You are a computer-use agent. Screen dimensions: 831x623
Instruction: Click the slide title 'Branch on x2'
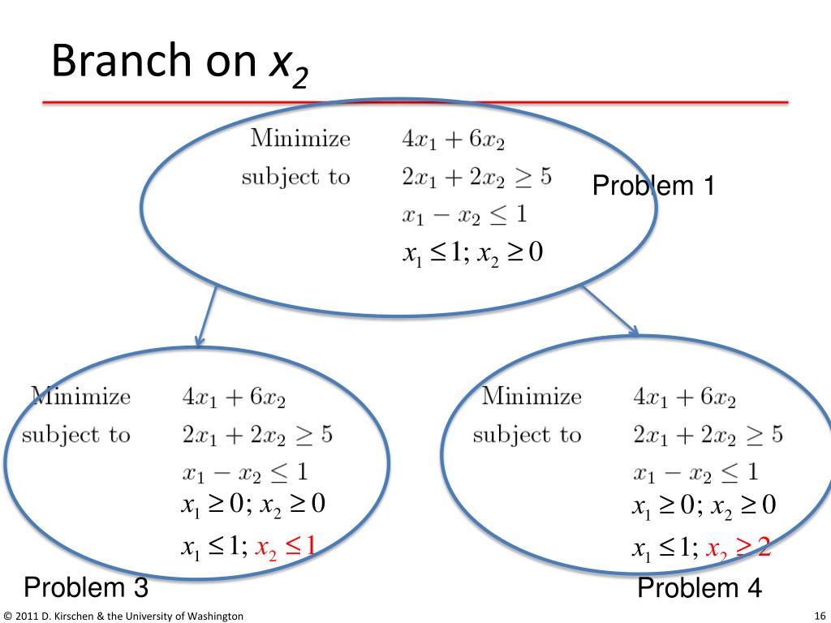click(x=179, y=63)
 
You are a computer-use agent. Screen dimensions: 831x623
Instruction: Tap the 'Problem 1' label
click(x=653, y=186)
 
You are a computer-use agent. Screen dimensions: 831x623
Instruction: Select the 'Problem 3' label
click(x=86, y=587)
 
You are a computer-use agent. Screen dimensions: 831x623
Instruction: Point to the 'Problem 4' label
click(x=699, y=587)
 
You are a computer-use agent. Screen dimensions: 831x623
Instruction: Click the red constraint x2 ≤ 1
click(x=286, y=548)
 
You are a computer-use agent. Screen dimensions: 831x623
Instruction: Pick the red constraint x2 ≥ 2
click(x=738, y=548)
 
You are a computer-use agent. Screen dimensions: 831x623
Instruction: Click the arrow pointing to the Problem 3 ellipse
click(x=207, y=316)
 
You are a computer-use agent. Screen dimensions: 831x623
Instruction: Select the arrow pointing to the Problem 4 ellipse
click(x=610, y=311)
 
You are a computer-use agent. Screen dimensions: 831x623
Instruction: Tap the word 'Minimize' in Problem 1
click(x=300, y=138)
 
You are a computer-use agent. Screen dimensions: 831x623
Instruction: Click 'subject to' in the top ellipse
click(x=295, y=177)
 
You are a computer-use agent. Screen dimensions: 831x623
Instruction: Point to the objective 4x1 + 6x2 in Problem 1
click(x=453, y=140)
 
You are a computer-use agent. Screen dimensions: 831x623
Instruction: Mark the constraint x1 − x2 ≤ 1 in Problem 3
click(x=245, y=472)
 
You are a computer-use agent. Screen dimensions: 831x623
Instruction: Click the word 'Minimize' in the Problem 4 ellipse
click(x=532, y=396)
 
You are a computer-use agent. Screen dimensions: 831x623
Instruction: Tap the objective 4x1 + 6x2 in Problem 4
click(x=684, y=397)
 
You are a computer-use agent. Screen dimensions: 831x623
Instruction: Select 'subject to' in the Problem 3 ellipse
click(x=76, y=435)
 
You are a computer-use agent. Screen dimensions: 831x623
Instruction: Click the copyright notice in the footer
click(x=123, y=617)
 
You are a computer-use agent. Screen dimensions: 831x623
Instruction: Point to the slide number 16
click(x=820, y=617)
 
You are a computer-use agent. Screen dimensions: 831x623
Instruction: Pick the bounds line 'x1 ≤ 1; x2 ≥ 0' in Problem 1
click(x=473, y=253)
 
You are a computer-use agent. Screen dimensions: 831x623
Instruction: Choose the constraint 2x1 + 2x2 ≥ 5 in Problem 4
click(x=708, y=435)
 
